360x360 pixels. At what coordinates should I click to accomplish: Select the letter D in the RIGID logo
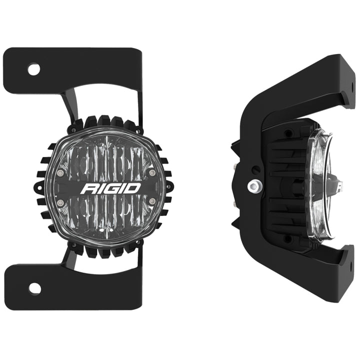[132, 189]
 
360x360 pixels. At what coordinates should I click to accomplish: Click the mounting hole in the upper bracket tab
[33, 69]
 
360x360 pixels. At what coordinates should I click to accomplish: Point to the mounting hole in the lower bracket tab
[34, 288]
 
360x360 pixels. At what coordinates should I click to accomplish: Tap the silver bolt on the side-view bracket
[253, 186]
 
